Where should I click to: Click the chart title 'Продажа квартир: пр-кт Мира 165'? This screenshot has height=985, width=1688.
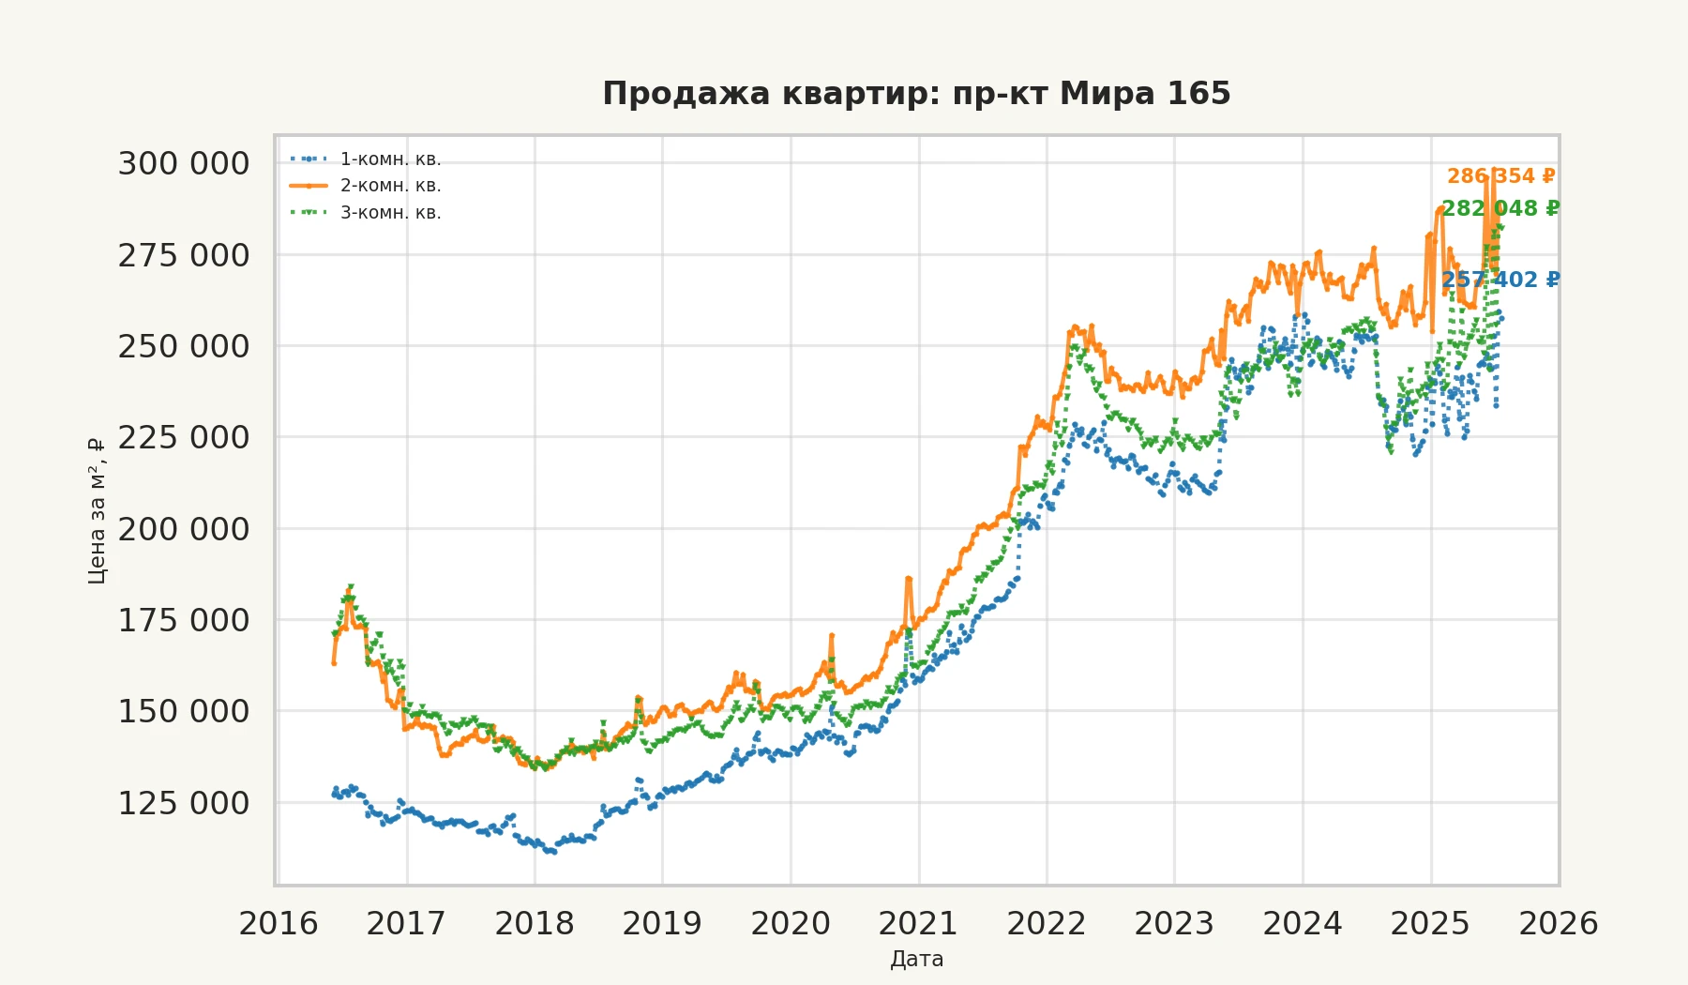point(915,94)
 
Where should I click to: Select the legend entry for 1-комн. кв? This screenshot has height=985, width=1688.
point(390,159)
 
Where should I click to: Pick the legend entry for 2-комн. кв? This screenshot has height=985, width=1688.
point(390,186)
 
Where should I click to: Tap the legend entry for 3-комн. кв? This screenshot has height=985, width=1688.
point(390,213)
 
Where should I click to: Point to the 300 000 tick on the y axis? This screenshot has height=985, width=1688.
point(184,164)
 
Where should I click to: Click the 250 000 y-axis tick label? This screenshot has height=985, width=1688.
point(184,347)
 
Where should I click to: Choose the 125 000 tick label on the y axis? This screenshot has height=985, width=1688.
point(184,804)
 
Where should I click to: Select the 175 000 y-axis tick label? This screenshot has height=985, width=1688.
point(184,621)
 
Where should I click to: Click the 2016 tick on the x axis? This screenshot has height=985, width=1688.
point(279,924)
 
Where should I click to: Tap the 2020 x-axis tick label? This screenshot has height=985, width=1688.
point(791,924)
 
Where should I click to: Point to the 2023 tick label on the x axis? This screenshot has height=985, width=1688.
point(1174,924)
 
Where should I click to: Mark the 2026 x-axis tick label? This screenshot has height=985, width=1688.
point(1559,924)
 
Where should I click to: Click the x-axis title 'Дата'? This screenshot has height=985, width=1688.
point(916,960)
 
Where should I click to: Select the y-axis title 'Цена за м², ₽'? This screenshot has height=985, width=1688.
point(97,511)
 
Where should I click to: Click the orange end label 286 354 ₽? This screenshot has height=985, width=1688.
point(1500,176)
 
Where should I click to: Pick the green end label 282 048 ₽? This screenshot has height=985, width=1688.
point(1500,208)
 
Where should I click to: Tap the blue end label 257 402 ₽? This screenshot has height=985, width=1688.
point(1500,280)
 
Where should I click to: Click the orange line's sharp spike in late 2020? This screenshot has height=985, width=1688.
point(908,579)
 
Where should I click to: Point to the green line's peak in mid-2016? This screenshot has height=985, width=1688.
point(350,586)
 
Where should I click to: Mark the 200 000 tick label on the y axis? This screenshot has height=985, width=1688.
point(184,530)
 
